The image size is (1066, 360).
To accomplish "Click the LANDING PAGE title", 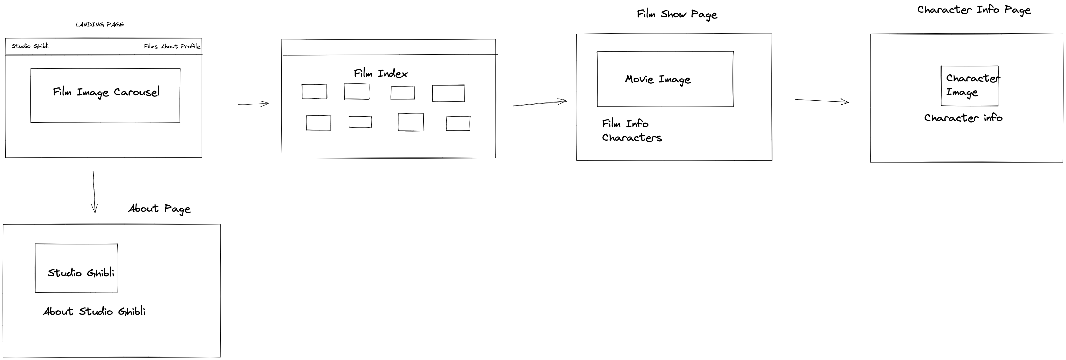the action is click(x=99, y=24).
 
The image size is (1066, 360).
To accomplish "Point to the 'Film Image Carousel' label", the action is click(x=106, y=92).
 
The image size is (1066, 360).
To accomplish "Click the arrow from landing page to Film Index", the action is click(x=253, y=104).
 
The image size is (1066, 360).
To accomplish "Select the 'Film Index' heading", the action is click(x=381, y=74).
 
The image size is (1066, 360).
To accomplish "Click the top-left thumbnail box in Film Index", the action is click(x=314, y=92).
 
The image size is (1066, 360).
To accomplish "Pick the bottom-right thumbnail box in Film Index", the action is click(x=458, y=123).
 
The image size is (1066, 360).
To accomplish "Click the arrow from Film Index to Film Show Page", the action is click(x=539, y=103).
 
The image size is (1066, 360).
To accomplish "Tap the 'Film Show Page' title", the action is click(x=677, y=15).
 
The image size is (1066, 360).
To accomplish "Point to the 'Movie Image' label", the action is click(x=658, y=79).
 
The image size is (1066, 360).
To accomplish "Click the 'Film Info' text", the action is click(x=625, y=124).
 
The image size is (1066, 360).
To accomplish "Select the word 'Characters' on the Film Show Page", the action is click(x=632, y=138).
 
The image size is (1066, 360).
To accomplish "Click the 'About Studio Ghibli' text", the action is click(x=94, y=311).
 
